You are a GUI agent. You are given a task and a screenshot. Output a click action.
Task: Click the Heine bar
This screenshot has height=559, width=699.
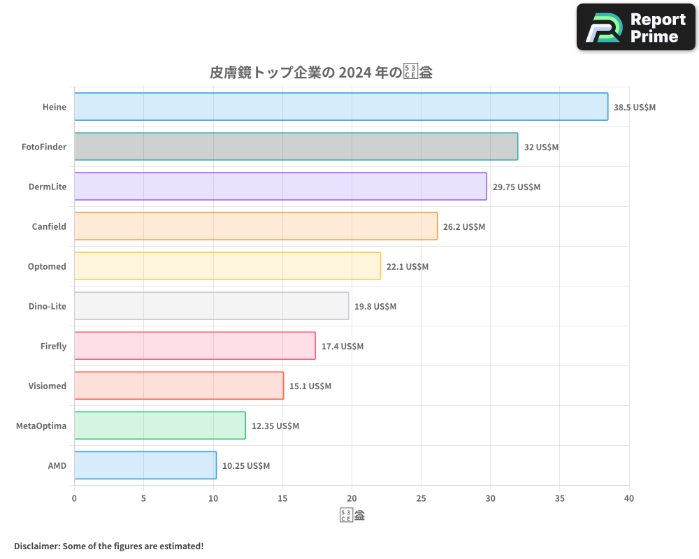(341, 107)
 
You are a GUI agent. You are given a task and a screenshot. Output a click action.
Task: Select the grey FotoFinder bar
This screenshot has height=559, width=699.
(296, 147)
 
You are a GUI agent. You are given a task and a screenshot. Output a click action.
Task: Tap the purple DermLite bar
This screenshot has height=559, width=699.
(280, 187)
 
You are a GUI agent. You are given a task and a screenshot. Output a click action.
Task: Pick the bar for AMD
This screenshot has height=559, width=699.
(145, 465)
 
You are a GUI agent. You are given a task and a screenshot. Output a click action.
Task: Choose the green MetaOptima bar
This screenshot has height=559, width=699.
(160, 426)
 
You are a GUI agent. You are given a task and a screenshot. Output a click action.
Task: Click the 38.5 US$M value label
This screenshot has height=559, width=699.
(635, 108)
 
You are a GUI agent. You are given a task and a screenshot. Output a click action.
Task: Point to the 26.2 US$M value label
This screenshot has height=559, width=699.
(464, 227)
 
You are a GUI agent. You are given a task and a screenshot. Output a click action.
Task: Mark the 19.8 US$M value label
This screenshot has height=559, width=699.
(375, 307)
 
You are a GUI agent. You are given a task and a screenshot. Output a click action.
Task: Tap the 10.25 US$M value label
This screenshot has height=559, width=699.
(246, 466)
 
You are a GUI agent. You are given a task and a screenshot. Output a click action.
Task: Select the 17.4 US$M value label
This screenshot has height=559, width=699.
(343, 347)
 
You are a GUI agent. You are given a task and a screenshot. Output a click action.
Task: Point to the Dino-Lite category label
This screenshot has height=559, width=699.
(48, 306)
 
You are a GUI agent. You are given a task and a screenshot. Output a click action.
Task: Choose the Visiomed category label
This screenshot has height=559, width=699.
(48, 386)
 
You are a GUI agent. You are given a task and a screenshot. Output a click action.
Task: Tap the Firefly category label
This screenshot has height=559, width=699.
(53, 346)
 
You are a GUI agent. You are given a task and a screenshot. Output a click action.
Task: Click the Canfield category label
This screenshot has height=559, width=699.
(49, 226)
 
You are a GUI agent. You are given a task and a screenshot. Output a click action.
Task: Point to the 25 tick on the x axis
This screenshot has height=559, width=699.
(421, 498)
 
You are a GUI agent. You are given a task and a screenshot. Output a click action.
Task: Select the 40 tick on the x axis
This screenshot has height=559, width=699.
(629, 498)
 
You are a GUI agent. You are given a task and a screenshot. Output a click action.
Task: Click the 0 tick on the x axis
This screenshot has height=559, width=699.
(74, 498)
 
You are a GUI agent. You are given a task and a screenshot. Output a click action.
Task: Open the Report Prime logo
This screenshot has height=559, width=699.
(636, 27)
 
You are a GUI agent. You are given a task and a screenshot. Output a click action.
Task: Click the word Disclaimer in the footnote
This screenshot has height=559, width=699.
(36, 546)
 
